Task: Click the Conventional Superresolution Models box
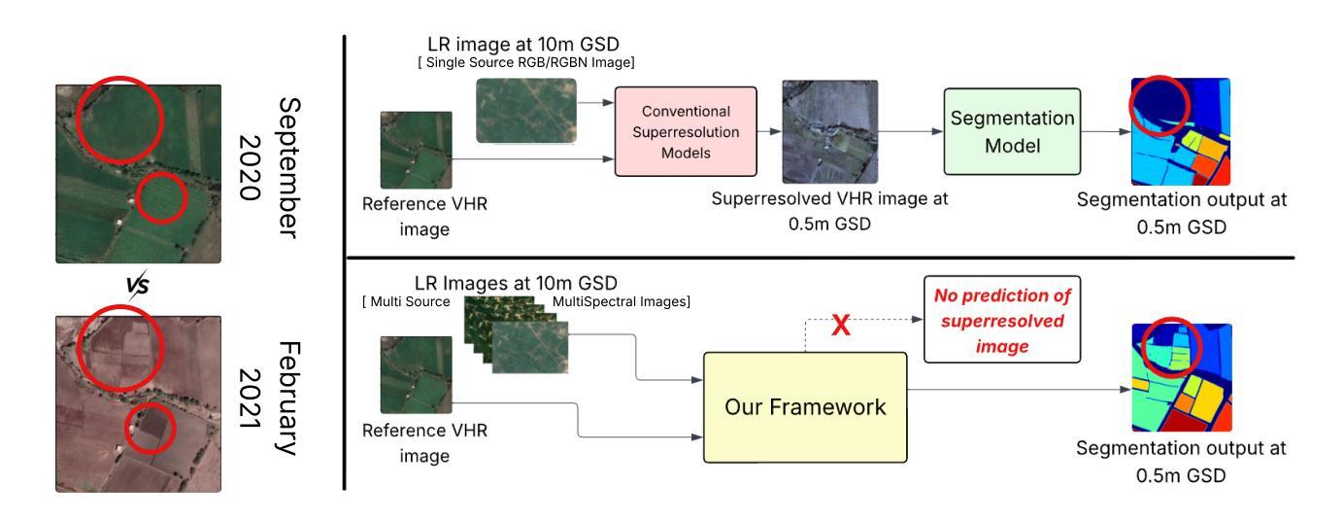[686, 132]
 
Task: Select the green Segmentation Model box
[1011, 132]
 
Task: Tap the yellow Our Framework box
[806, 406]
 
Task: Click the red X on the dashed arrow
[842, 326]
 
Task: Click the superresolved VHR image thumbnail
[829, 132]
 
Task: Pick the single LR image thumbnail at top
[525, 110]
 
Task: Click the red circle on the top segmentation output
[1159, 101]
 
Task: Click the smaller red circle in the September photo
[158, 198]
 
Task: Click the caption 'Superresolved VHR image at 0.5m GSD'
[830, 210]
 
